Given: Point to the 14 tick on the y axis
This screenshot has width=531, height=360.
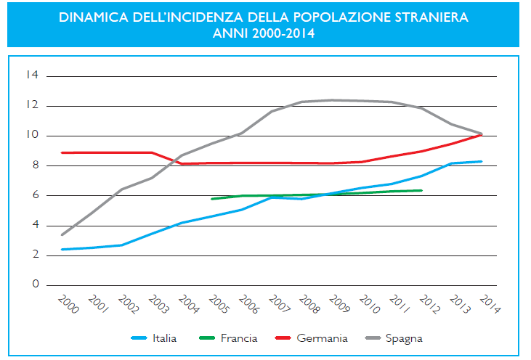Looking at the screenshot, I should point(32,75).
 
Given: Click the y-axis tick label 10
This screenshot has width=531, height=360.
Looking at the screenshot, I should point(32,136).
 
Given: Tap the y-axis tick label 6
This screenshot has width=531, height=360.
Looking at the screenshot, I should point(34,195).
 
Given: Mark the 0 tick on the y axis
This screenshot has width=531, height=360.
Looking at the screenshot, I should point(34,285).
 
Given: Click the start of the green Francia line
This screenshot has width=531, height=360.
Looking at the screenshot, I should point(211,199).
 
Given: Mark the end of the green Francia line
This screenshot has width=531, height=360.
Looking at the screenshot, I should point(421,190).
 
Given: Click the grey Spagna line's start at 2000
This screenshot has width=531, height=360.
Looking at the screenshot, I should point(62,234).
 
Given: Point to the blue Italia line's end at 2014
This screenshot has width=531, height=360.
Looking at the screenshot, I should point(482,161).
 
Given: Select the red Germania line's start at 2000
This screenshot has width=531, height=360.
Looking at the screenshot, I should point(62,152).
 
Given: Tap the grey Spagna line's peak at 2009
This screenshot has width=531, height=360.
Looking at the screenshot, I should point(332,100).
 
